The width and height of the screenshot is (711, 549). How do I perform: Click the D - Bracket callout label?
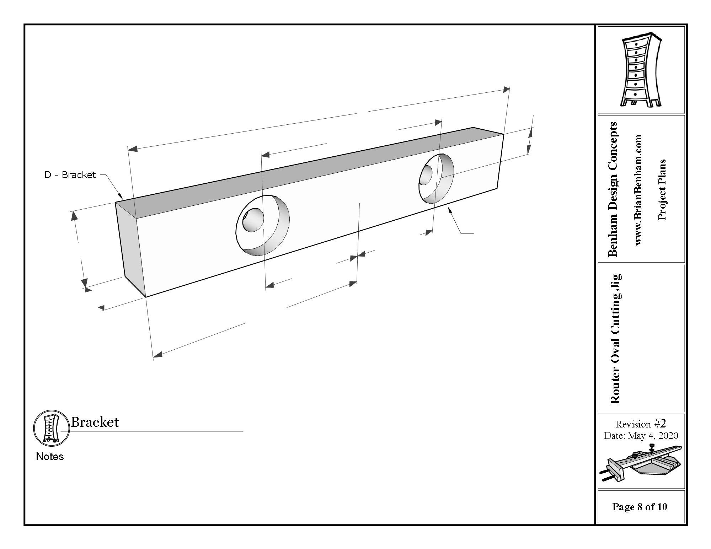tap(70, 175)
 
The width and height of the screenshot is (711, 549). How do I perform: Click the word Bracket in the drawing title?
tap(95, 422)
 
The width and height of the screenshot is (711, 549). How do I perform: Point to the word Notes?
tap(50, 457)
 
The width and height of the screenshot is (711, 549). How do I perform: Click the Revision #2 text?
tap(641, 424)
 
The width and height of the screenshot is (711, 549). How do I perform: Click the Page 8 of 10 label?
tap(640, 507)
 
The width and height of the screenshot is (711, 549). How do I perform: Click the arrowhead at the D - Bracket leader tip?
tap(121, 196)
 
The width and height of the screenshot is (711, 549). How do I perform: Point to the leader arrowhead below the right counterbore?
tap(450, 210)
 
